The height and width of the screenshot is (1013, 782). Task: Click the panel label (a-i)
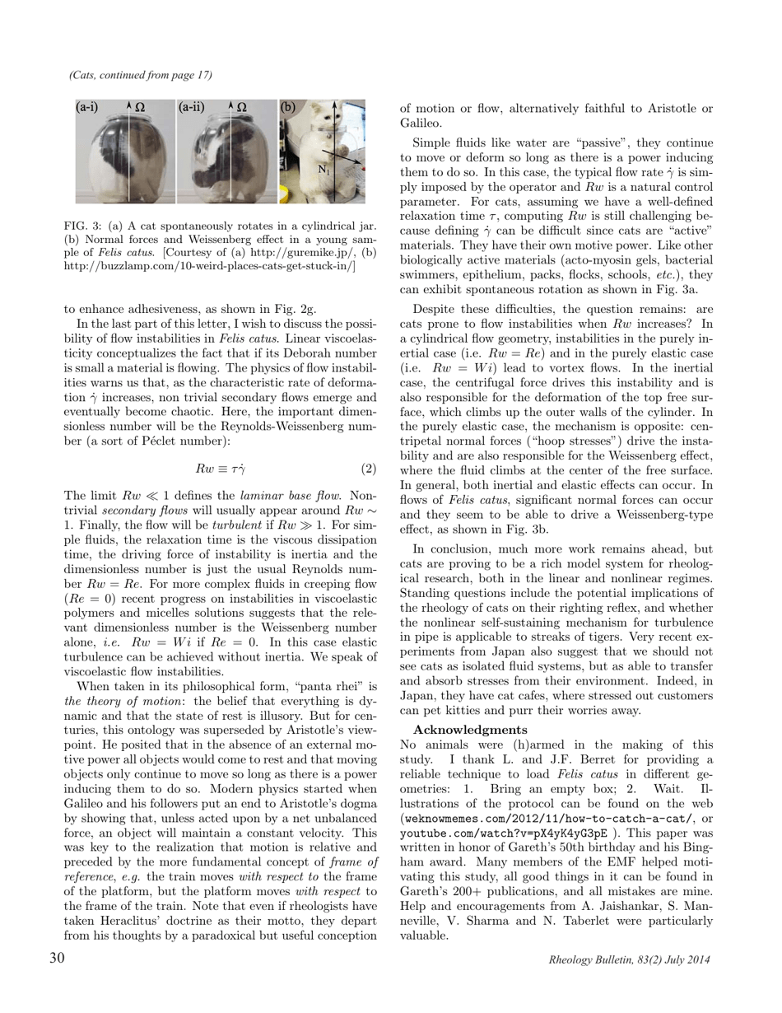(x=89, y=107)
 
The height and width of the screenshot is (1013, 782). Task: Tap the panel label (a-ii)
(x=193, y=107)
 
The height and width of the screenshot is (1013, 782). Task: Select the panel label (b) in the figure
(x=288, y=107)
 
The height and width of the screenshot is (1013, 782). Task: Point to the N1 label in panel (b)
(x=324, y=170)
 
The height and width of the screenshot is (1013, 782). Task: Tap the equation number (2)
(x=369, y=469)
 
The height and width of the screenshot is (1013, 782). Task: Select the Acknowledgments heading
(x=470, y=730)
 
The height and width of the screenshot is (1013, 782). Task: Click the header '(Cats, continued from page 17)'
(x=141, y=75)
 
